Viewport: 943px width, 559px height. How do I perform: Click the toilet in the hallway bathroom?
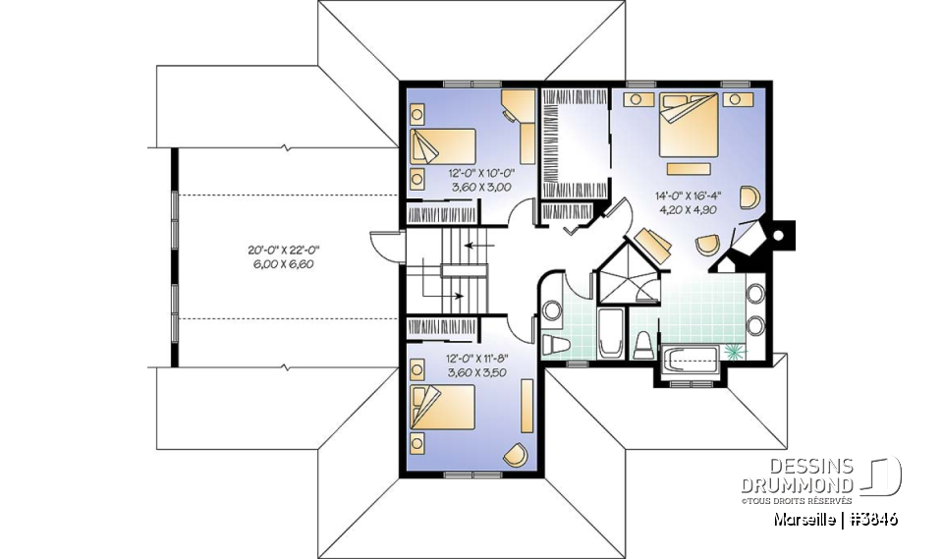coord(555,344)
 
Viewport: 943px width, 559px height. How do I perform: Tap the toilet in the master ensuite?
coord(643,344)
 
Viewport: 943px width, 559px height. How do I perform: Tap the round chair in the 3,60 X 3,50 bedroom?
coord(515,453)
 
